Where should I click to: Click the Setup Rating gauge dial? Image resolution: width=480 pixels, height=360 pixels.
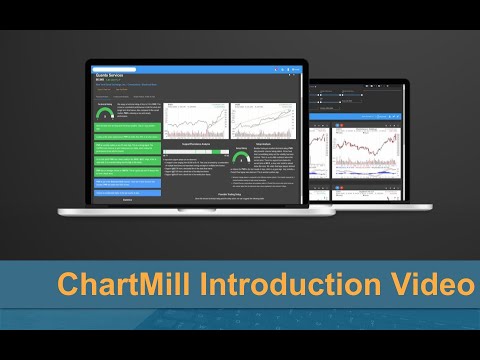coord(240,157)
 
